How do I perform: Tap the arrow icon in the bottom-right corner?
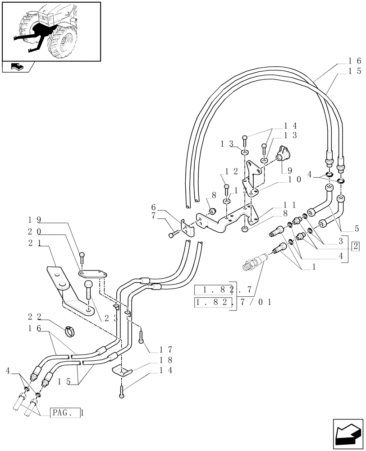348,433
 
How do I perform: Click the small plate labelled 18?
121,371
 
